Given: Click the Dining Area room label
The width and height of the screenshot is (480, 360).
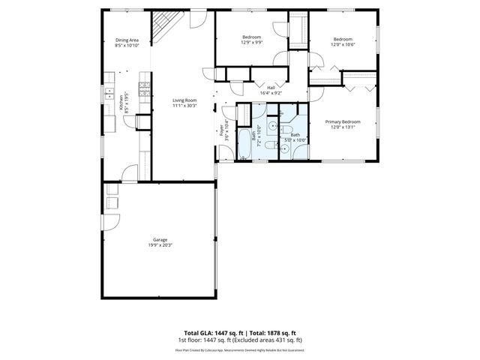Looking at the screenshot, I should pyautogui.click(x=127, y=40).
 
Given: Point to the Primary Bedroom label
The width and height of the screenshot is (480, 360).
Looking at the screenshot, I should pyautogui.click(x=342, y=121).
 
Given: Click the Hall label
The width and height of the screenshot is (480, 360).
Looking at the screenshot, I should pyautogui.click(x=271, y=88).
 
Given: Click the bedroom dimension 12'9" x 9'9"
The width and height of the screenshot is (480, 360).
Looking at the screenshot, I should pyautogui.click(x=251, y=43).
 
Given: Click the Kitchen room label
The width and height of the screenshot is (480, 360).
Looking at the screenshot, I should pyautogui.click(x=123, y=102).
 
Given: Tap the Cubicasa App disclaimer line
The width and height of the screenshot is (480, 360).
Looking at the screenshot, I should pyautogui.click(x=239, y=349).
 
